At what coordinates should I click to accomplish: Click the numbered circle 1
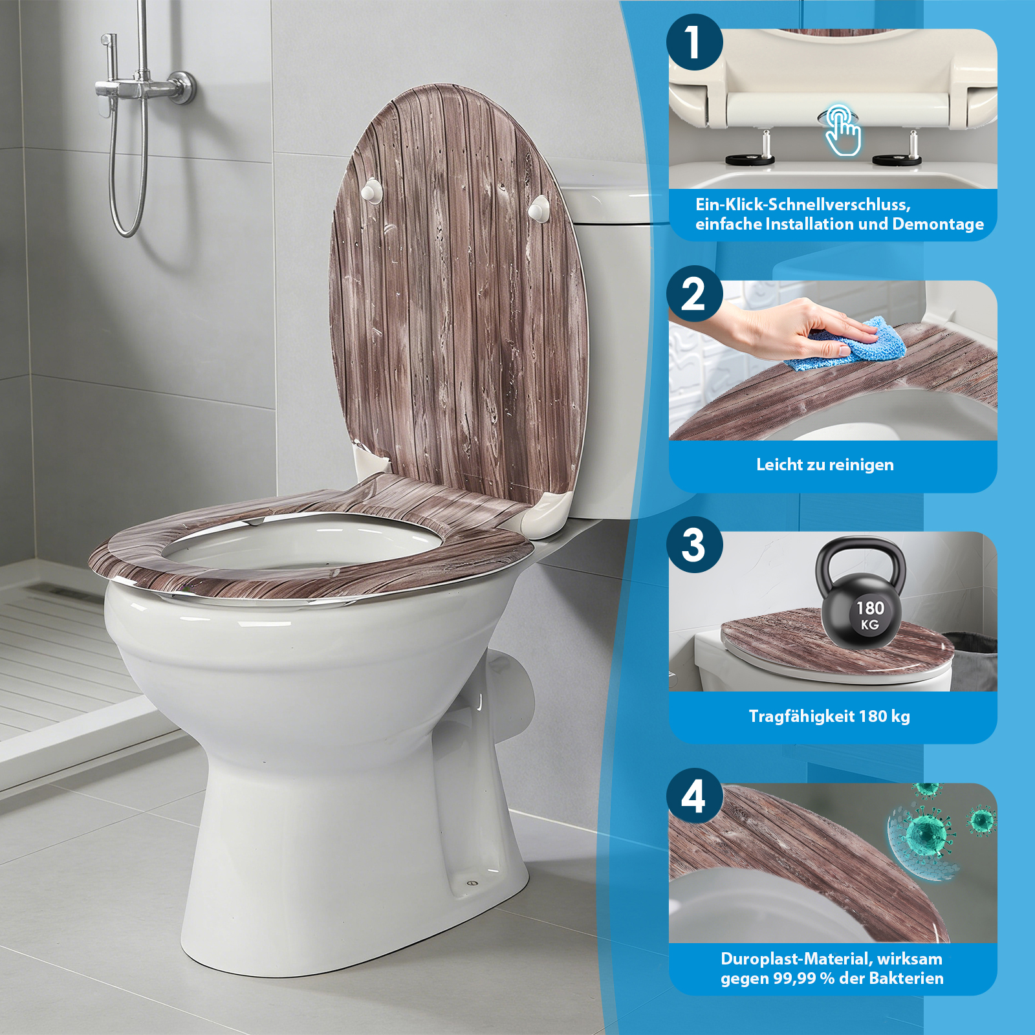coord(694,43)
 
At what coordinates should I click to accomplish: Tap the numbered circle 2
coord(694,294)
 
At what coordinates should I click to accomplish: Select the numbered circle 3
coord(694,545)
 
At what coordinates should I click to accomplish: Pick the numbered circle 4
coord(694,796)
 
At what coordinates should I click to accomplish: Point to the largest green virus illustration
coord(926,834)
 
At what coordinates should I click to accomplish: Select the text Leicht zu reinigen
coord(825,464)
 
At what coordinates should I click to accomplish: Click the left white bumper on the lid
coord(371,191)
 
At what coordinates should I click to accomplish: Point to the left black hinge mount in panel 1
coord(749,160)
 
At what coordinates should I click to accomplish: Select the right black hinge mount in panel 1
coord(897,160)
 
